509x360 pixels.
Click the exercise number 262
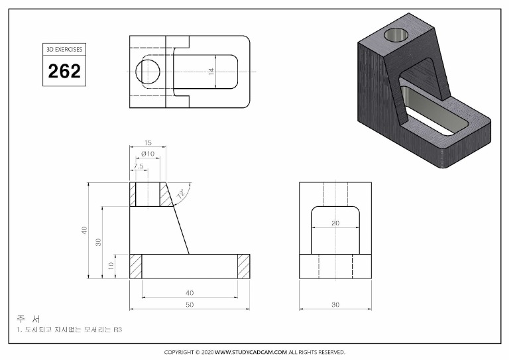point(64,71)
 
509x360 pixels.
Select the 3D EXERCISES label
point(64,50)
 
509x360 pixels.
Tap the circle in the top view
point(148,71)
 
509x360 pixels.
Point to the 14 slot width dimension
point(211,71)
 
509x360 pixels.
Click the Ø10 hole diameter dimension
point(148,154)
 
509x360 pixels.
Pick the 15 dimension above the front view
point(147,142)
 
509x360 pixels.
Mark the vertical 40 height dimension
point(84,230)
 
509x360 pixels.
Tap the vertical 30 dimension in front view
point(98,242)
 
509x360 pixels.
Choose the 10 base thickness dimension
point(111,266)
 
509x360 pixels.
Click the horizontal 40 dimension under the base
point(190,292)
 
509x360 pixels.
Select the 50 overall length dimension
point(190,305)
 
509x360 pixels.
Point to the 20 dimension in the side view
point(335,223)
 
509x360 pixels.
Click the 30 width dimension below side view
point(335,305)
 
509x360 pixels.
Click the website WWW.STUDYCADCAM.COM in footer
point(251,352)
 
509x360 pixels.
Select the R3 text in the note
point(118,330)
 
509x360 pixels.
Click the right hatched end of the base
point(243,266)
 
